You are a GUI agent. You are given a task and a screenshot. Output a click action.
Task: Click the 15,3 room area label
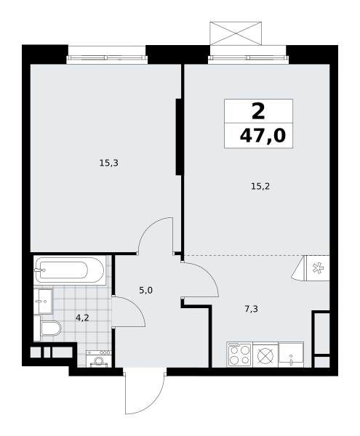coord(109,163)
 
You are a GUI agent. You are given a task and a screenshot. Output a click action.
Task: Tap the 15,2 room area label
coord(260,186)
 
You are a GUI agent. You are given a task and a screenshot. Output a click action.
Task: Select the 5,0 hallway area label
coord(145,291)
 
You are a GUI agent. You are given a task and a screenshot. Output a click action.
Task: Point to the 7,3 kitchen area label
coord(252,309)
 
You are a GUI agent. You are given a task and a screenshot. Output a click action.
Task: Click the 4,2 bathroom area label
coord(82,318)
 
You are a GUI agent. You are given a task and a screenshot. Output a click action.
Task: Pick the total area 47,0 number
coord(263,136)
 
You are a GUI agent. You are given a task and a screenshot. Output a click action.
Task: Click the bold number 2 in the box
coord(258,111)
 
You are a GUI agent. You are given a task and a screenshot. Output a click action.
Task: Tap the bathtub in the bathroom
coord(70,270)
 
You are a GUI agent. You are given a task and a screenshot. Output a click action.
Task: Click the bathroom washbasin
coord(43,301)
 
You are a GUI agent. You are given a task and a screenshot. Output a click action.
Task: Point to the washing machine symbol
coord(99,359)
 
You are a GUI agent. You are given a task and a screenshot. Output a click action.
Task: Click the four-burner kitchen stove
coord(239,355)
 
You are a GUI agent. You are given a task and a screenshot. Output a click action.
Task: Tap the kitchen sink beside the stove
coord(291,355)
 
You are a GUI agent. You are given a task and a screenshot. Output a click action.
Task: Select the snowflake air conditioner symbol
coord(318,268)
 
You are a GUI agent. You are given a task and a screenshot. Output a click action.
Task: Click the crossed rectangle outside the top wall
coord(236,33)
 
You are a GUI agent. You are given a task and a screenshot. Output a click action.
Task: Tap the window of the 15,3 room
coord(107,58)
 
